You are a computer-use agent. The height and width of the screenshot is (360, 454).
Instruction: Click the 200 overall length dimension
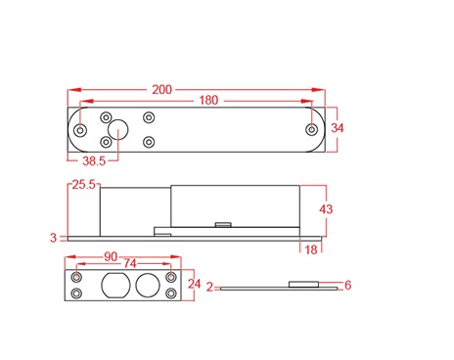click(161, 90)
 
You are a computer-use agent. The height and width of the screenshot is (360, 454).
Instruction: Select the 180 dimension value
click(208, 100)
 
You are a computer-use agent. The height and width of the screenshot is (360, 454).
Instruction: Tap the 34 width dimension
click(338, 128)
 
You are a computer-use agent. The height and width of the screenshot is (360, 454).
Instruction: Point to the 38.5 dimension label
click(94, 160)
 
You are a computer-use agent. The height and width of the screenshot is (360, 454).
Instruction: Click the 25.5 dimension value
click(83, 185)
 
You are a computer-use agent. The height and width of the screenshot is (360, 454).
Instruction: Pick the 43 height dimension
click(326, 209)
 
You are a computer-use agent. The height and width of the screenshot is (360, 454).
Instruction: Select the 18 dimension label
click(311, 249)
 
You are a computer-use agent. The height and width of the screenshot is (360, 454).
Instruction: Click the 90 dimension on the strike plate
click(111, 256)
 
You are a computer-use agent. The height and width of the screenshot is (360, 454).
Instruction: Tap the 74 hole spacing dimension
click(129, 263)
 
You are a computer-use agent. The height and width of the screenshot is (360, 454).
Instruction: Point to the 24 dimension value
click(194, 284)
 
